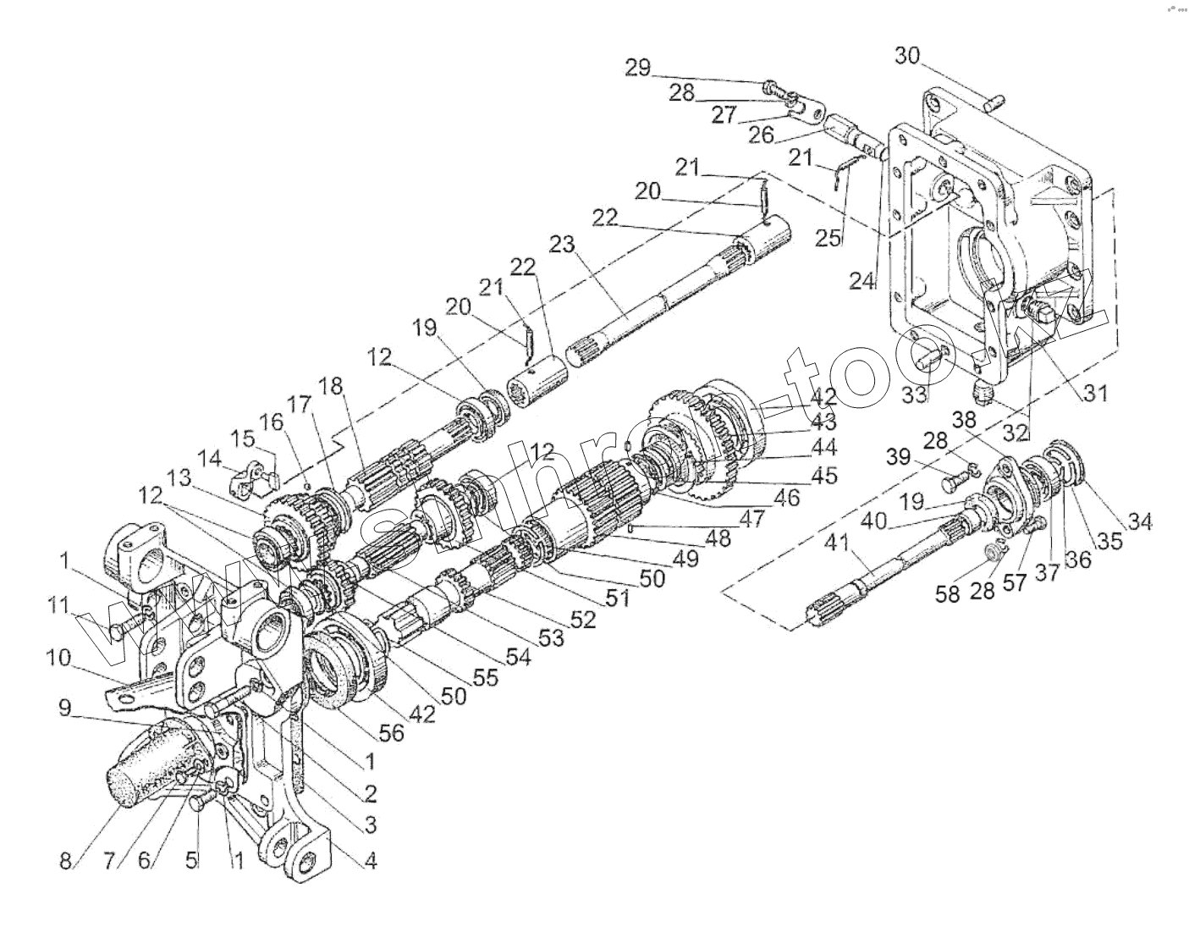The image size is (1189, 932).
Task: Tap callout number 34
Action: click(x=1140, y=522)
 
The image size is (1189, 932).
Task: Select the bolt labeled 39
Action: click(x=953, y=484)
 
